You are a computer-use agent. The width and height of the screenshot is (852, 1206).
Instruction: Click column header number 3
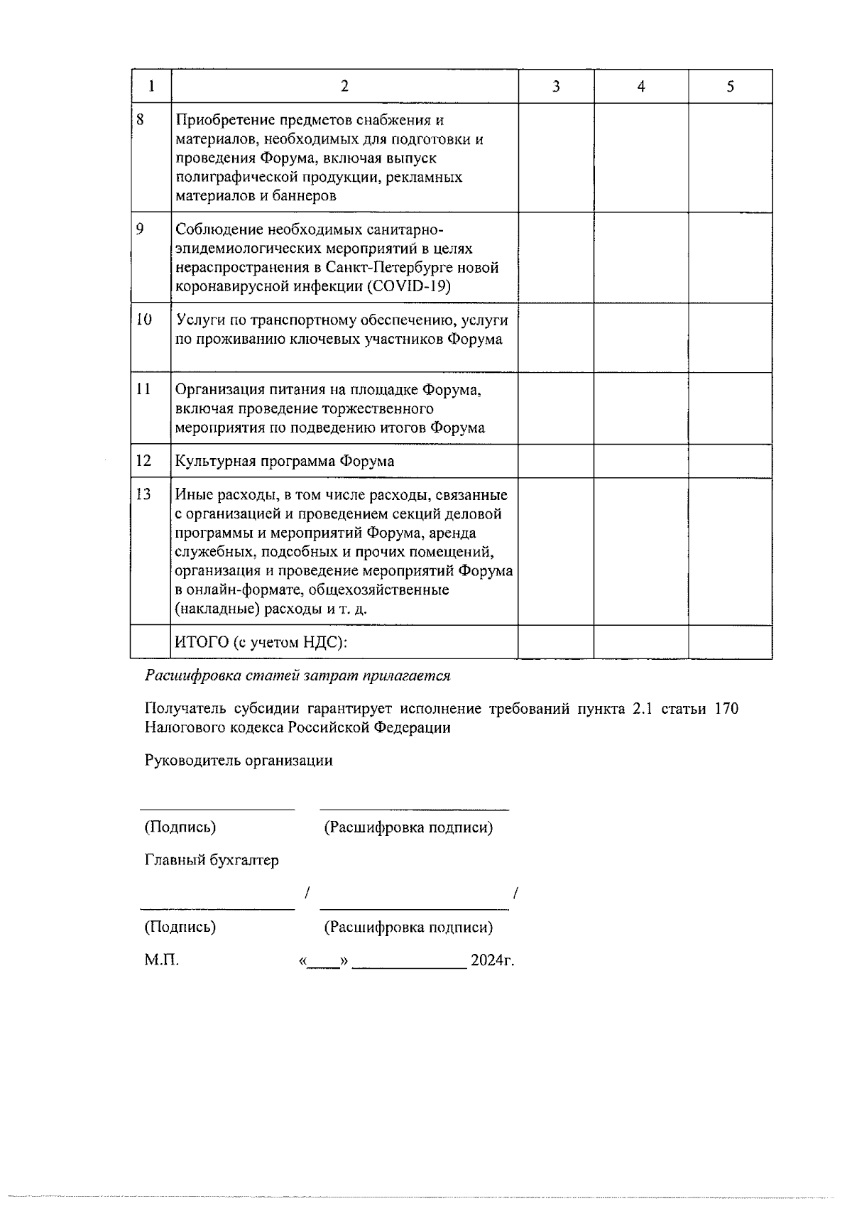click(556, 87)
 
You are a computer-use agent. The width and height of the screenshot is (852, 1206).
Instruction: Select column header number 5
click(731, 87)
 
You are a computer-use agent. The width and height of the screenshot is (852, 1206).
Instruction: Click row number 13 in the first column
click(143, 494)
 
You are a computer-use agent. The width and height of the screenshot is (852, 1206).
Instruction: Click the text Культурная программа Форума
click(285, 461)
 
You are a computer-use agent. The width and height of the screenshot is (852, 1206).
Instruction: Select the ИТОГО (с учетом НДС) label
click(261, 643)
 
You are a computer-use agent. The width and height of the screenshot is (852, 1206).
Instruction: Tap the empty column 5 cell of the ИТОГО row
click(731, 643)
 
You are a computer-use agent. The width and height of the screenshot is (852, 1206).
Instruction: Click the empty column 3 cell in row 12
click(556, 461)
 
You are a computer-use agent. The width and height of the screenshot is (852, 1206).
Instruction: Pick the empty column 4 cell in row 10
click(641, 337)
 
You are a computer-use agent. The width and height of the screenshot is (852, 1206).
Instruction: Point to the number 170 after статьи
click(726, 709)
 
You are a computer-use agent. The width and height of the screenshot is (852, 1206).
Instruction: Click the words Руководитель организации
click(239, 761)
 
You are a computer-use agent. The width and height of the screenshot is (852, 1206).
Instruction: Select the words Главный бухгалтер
click(212, 860)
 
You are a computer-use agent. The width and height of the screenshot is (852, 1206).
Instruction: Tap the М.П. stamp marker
click(162, 961)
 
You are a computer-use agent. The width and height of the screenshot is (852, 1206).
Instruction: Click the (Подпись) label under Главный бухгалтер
click(180, 927)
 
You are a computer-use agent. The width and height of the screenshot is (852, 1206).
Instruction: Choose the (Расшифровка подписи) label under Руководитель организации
click(408, 827)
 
